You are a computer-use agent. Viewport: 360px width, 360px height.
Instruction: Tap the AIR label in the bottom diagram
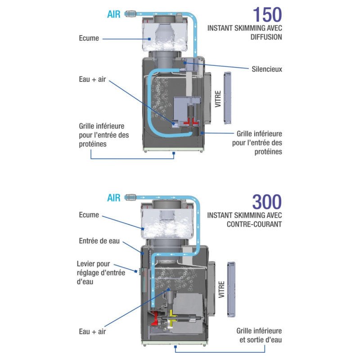click(x=114, y=198)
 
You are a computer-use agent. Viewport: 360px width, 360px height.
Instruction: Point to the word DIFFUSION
click(x=266, y=37)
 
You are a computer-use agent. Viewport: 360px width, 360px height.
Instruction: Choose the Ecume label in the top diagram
click(x=89, y=38)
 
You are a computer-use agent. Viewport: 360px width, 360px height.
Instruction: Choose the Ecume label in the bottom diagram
click(x=89, y=215)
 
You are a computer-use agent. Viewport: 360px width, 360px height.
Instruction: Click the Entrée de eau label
click(x=99, y=241)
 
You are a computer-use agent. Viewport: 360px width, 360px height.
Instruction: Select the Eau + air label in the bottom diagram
click(x=93, y=332)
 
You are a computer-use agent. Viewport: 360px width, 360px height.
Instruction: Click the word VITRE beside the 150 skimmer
click(x=218, y=100)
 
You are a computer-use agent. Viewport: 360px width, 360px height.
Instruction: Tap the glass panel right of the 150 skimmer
click(x=228, y=97)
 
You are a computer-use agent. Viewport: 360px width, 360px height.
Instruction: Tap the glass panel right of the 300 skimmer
click(x=232, y=288)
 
